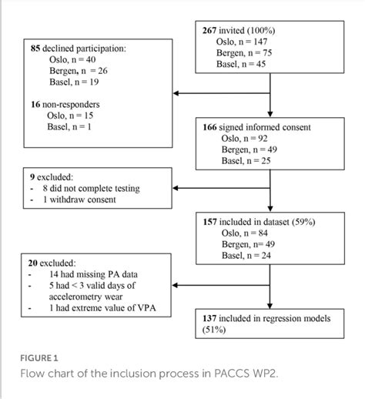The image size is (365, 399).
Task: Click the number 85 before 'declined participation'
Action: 35,48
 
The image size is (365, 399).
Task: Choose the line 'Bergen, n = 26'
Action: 75,71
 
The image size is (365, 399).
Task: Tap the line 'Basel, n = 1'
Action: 71,127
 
